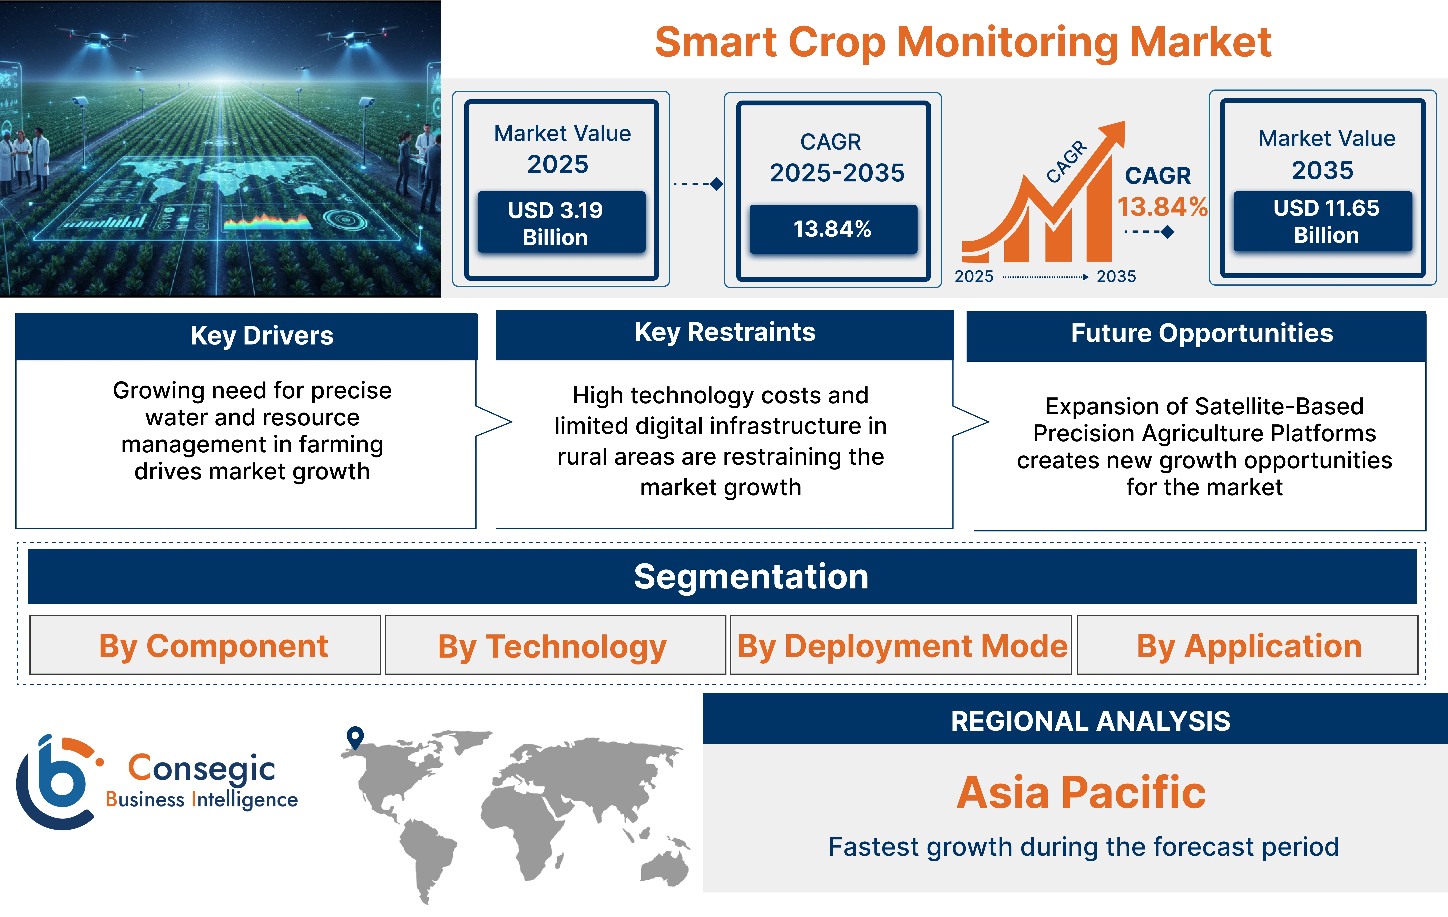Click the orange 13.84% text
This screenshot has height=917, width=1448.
click(x=1162, y=207)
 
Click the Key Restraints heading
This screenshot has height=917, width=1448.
click(x=725, y=332)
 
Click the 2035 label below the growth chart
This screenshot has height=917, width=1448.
click(x=1116, y=276)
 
